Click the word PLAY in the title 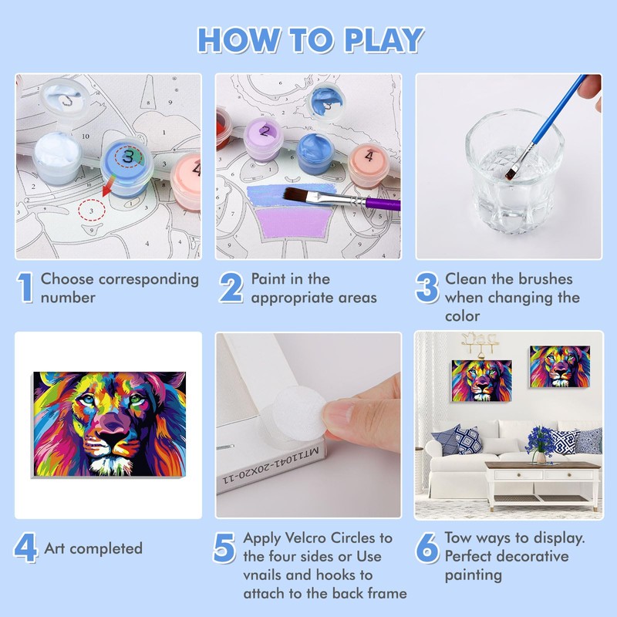(x=383, y=40)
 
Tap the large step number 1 (x=26, y=288)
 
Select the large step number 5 (x=224, y=548)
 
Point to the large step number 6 (x=427, y=548)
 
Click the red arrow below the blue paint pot (x=108, y=186)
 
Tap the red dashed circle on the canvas (x=92, y=211)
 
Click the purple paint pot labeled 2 (x=263, y=139)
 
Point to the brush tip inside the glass (x=511, y=172)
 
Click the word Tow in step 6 (x=457, y=538)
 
